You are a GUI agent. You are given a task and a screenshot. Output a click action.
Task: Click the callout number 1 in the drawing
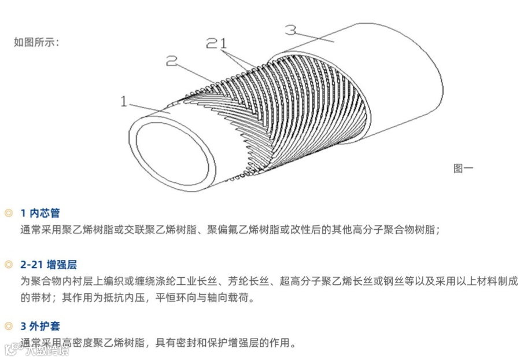click(x=124, y=102)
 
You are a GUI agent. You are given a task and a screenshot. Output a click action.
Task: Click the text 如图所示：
click(x=36, y=42)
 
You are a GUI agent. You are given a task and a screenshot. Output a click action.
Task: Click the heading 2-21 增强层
click(x=48, y=265)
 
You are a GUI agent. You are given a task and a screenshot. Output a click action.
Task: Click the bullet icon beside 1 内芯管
click(x=8, y=213)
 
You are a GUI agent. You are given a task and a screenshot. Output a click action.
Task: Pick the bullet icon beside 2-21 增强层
click(x=8, y=265)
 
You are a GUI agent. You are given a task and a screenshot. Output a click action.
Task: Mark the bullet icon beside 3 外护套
click(x=8, y=326)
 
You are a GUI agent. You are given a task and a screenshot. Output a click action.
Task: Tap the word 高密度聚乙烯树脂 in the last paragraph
click(x=103, y=343)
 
